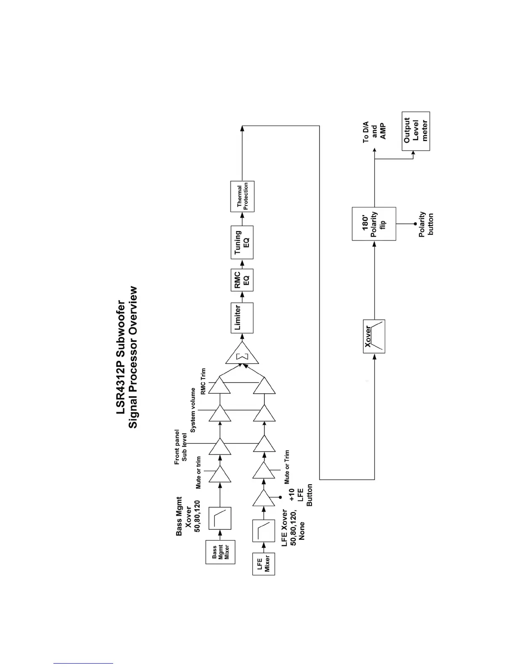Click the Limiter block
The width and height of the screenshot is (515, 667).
click(x=242, y=318)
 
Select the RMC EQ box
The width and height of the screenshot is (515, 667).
click(x=242, y=279)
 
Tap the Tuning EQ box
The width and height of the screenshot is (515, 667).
click(x=242, y=242)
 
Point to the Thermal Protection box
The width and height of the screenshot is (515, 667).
click(x=242, y=197)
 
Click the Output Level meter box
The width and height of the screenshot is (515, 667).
click(x=416, y=131)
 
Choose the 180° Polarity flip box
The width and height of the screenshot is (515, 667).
click(x=374, y=224)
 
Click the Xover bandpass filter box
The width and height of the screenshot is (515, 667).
click(x=374, y=336)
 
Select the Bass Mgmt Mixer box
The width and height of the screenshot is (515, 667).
click(x=220, y=552)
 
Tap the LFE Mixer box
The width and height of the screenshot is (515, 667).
click(x=263, y=563)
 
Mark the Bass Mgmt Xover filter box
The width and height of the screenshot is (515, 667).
click(x=220, y=518)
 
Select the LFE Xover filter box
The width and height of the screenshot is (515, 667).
click(x=263, y=531)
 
